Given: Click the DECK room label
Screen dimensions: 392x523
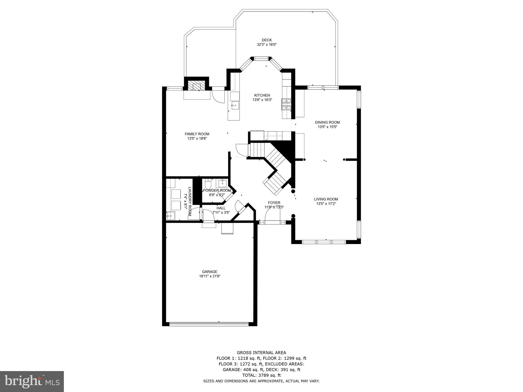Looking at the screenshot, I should [267, 40].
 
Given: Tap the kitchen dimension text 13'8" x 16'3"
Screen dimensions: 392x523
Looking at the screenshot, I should [262, 100].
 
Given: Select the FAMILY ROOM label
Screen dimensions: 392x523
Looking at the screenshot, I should [197, 134].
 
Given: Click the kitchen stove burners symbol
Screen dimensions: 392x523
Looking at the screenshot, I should [286, 104].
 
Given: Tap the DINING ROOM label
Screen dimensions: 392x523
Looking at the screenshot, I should [327, 122].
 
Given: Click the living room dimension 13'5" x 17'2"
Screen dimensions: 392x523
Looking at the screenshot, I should [326, 204].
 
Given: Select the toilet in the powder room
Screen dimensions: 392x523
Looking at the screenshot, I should [208, 184].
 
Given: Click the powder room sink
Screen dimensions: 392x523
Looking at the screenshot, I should [223, 183].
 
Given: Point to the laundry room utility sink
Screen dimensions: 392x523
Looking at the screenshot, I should [170, 216].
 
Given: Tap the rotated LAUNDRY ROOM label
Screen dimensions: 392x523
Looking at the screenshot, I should [190, 201].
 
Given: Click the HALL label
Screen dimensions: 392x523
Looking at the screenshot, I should [221, 208].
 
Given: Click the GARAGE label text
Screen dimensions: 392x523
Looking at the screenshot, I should [209, 272].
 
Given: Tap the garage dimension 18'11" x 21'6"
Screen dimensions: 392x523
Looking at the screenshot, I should [209, 276].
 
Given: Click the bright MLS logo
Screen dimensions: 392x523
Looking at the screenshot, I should [32, 382].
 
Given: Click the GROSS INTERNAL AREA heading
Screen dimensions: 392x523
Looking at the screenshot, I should [261, 353].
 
